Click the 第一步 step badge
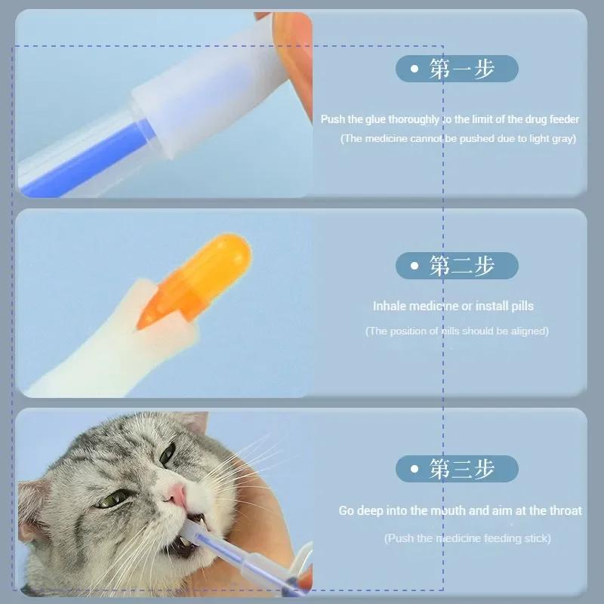point(457,69)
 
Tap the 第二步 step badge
point(457,266)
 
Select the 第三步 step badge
point(457,469)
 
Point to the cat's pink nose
point(175,495)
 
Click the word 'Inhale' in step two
point(390,306)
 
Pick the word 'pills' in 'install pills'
point(517,306)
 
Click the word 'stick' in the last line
point(535,538)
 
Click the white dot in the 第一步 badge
point(414,69)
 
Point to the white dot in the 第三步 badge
point(414,469)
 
